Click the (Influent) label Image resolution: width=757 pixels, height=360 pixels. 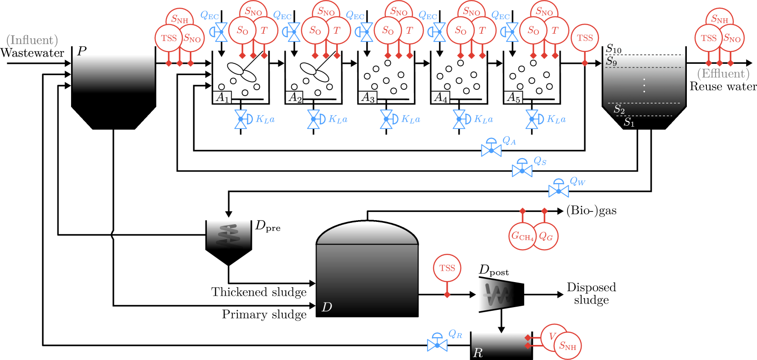click(x=32, y=40)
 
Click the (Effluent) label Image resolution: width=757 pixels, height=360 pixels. click(x=723, y=74)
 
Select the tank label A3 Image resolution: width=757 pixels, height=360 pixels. click(x=368, y=97)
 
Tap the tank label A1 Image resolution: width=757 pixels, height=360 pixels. click(x=222, y=97)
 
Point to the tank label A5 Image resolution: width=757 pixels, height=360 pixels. click(x=514, y=97)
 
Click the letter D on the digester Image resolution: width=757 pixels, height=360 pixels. click(x=327, y=307)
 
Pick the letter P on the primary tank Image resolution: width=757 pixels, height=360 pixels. click(x=82, y=51)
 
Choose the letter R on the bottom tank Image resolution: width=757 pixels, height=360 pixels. click(x=478, y=353)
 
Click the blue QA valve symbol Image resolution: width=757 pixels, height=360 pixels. click(x=491, y=148)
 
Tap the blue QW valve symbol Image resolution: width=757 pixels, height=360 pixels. click(x=558, y=189)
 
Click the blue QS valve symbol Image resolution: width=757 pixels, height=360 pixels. click(x=522, y=169)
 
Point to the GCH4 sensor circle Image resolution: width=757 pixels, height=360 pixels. click(x=522, y=236)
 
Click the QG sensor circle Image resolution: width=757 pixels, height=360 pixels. click(x=546, y=236)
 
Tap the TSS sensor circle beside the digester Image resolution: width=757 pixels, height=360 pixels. click(x=447, y=268)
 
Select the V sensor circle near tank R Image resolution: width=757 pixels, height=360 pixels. click(x=552, y=336)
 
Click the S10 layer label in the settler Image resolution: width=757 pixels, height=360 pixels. click(x=614, y=49)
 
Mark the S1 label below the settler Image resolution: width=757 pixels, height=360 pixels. click(x=629, y=122)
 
